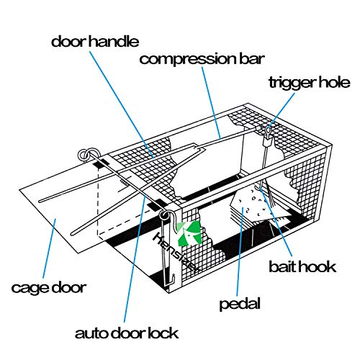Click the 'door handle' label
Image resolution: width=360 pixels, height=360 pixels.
click(94, 40)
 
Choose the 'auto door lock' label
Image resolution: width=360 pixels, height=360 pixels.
click(126, 333)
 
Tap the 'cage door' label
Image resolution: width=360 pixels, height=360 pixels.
click(48, 288)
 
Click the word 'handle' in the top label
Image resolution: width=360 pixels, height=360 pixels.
click(117, 40)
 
